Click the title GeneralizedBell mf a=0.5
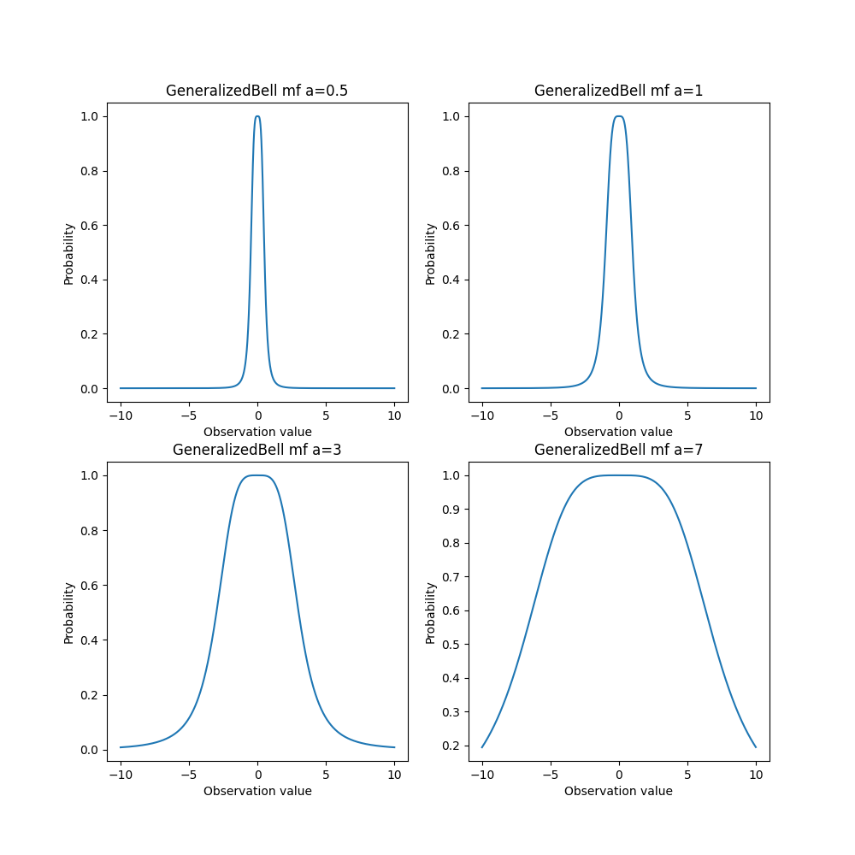(256, 91)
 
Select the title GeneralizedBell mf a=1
(618, 91)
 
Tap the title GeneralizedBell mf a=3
(256, 450)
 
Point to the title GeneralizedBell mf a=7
(618, 450)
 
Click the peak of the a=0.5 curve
(257, 116)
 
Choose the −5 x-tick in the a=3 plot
(189, 775)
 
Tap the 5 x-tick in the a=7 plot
(687, 775)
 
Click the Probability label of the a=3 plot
(68, 613)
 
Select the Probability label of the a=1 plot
(430, 254)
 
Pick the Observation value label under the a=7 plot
(618, 791)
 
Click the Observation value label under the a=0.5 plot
(257, 432)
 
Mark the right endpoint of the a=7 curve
(756, 746)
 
